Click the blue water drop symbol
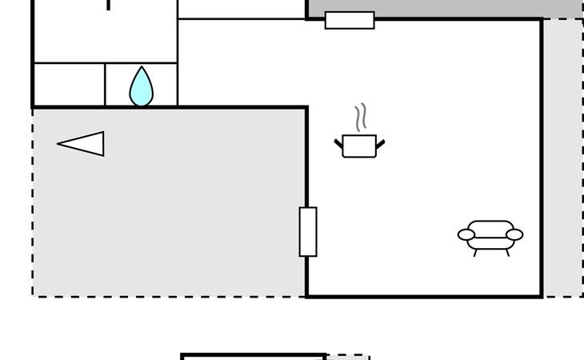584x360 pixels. click(x=141, y=88)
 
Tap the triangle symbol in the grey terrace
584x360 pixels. click(x=83, y=144)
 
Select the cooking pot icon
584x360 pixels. click(x=359, y=146)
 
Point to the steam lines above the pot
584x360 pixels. click(x=361, y=117)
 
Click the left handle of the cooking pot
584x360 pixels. click(x=338, y=144)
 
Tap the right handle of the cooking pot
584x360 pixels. click(x=380, y=144)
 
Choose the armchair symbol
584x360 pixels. click(x=490, y=236)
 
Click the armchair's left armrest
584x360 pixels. click(x=466, y=234)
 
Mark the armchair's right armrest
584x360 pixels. click(x=514, y=234)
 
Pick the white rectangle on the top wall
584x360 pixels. click(x=350, y=20)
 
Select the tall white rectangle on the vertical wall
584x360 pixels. click(x=308, y=232)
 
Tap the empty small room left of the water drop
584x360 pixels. click(x=69, y=84)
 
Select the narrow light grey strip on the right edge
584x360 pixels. click(x=563, y=160)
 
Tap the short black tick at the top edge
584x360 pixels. click(x=109, y=5)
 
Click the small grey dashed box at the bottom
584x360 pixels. click(x=347, y=358)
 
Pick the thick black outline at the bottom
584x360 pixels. click(x=253, y=356)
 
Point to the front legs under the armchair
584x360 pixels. click(x=490, y=253)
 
